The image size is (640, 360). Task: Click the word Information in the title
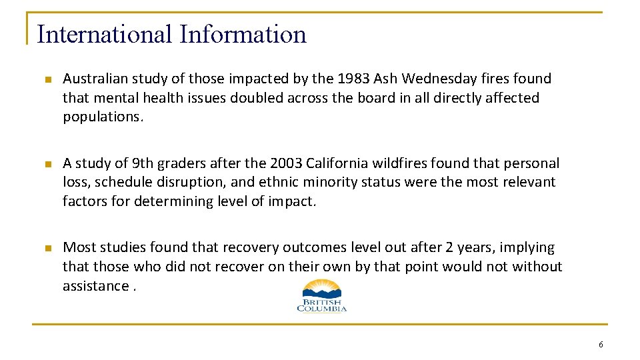[243, 35]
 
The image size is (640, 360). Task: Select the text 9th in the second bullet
[143, 163]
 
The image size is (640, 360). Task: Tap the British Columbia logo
[321, 295]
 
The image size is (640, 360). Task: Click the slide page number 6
[601, 345]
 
